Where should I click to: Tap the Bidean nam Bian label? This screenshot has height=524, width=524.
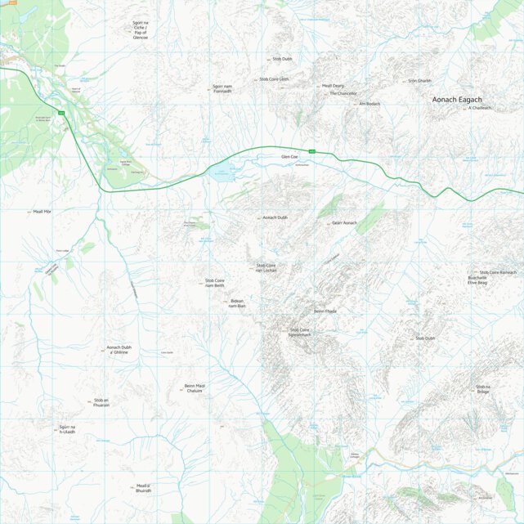[x=237, y=302]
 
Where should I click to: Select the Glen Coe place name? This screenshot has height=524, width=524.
[x=289, y=156]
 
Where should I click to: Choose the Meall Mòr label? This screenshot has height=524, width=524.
[x=42, y=212]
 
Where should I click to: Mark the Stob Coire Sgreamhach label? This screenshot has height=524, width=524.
[x=300, y=333]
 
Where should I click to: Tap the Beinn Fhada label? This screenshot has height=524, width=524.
[x=325, y=311]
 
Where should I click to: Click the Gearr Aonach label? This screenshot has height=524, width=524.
[x=344, y=222]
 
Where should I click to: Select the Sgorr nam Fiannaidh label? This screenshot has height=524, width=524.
[x=228, y=87]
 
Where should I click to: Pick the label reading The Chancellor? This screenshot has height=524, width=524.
[x=343, y=93]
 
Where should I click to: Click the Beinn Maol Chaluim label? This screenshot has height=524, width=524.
[x=194, y=388]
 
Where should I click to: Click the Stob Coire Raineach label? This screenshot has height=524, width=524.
[x=498, y=272]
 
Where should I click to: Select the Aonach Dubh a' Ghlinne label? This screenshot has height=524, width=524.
[x=119, y=349]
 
